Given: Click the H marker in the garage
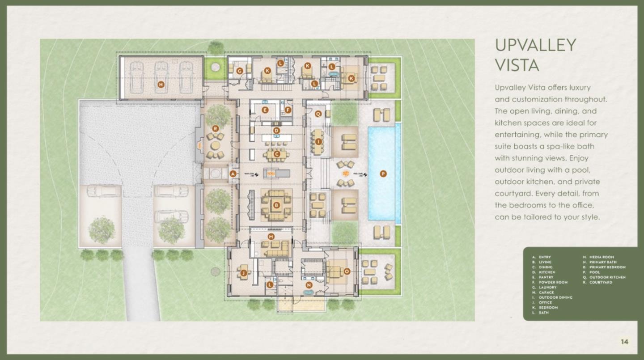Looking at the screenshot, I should [x=161, y=84].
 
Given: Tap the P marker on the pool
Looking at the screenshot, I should [x=383, y=174].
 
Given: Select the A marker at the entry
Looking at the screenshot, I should [x=233, y=174].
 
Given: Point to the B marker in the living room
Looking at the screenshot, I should [x=276, y=205].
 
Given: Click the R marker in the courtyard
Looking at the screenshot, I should [x=216, y=129].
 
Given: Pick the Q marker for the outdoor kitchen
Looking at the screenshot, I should [x=318, y=114].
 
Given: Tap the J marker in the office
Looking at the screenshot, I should [x=243, y=272].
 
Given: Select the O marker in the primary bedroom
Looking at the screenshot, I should [x=347, y=271].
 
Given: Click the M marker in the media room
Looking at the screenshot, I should [x=271, y=236].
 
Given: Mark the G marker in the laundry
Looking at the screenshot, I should [x=240, y=71].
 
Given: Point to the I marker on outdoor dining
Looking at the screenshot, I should [x=318, y=142].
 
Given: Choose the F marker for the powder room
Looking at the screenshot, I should [x=288, y=110].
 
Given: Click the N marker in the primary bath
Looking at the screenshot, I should [x=309, y=285].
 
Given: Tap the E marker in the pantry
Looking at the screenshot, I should [x=265, y=110].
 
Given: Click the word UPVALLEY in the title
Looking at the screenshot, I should [x=535, y=45].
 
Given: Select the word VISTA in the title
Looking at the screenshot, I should [x=517, y=65].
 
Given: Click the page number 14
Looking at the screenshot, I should [x=624, y=342].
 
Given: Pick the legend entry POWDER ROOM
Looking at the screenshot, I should [x=553, y=282].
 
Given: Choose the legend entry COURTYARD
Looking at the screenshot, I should [x=601, y=282].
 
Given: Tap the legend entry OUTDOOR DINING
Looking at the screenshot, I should [x=555, y=297].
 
